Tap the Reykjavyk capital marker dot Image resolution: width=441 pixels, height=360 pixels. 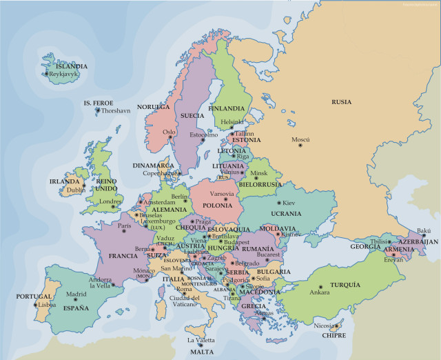[47, 74]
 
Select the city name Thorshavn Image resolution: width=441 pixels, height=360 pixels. [115, 110]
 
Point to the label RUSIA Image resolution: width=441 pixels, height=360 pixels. [341, 101]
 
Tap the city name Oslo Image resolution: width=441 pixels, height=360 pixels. [169, 131]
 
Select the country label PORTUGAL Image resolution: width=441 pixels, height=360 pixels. [34, 297]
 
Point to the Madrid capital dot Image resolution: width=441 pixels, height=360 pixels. [76, 301]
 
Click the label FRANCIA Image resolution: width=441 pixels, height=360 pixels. [123, 256]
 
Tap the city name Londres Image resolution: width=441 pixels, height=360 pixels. [110, 202]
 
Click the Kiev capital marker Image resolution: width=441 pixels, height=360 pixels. [278, 203]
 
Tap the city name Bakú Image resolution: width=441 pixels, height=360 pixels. [424, 230]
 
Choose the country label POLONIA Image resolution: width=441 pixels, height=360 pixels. [217, 205]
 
